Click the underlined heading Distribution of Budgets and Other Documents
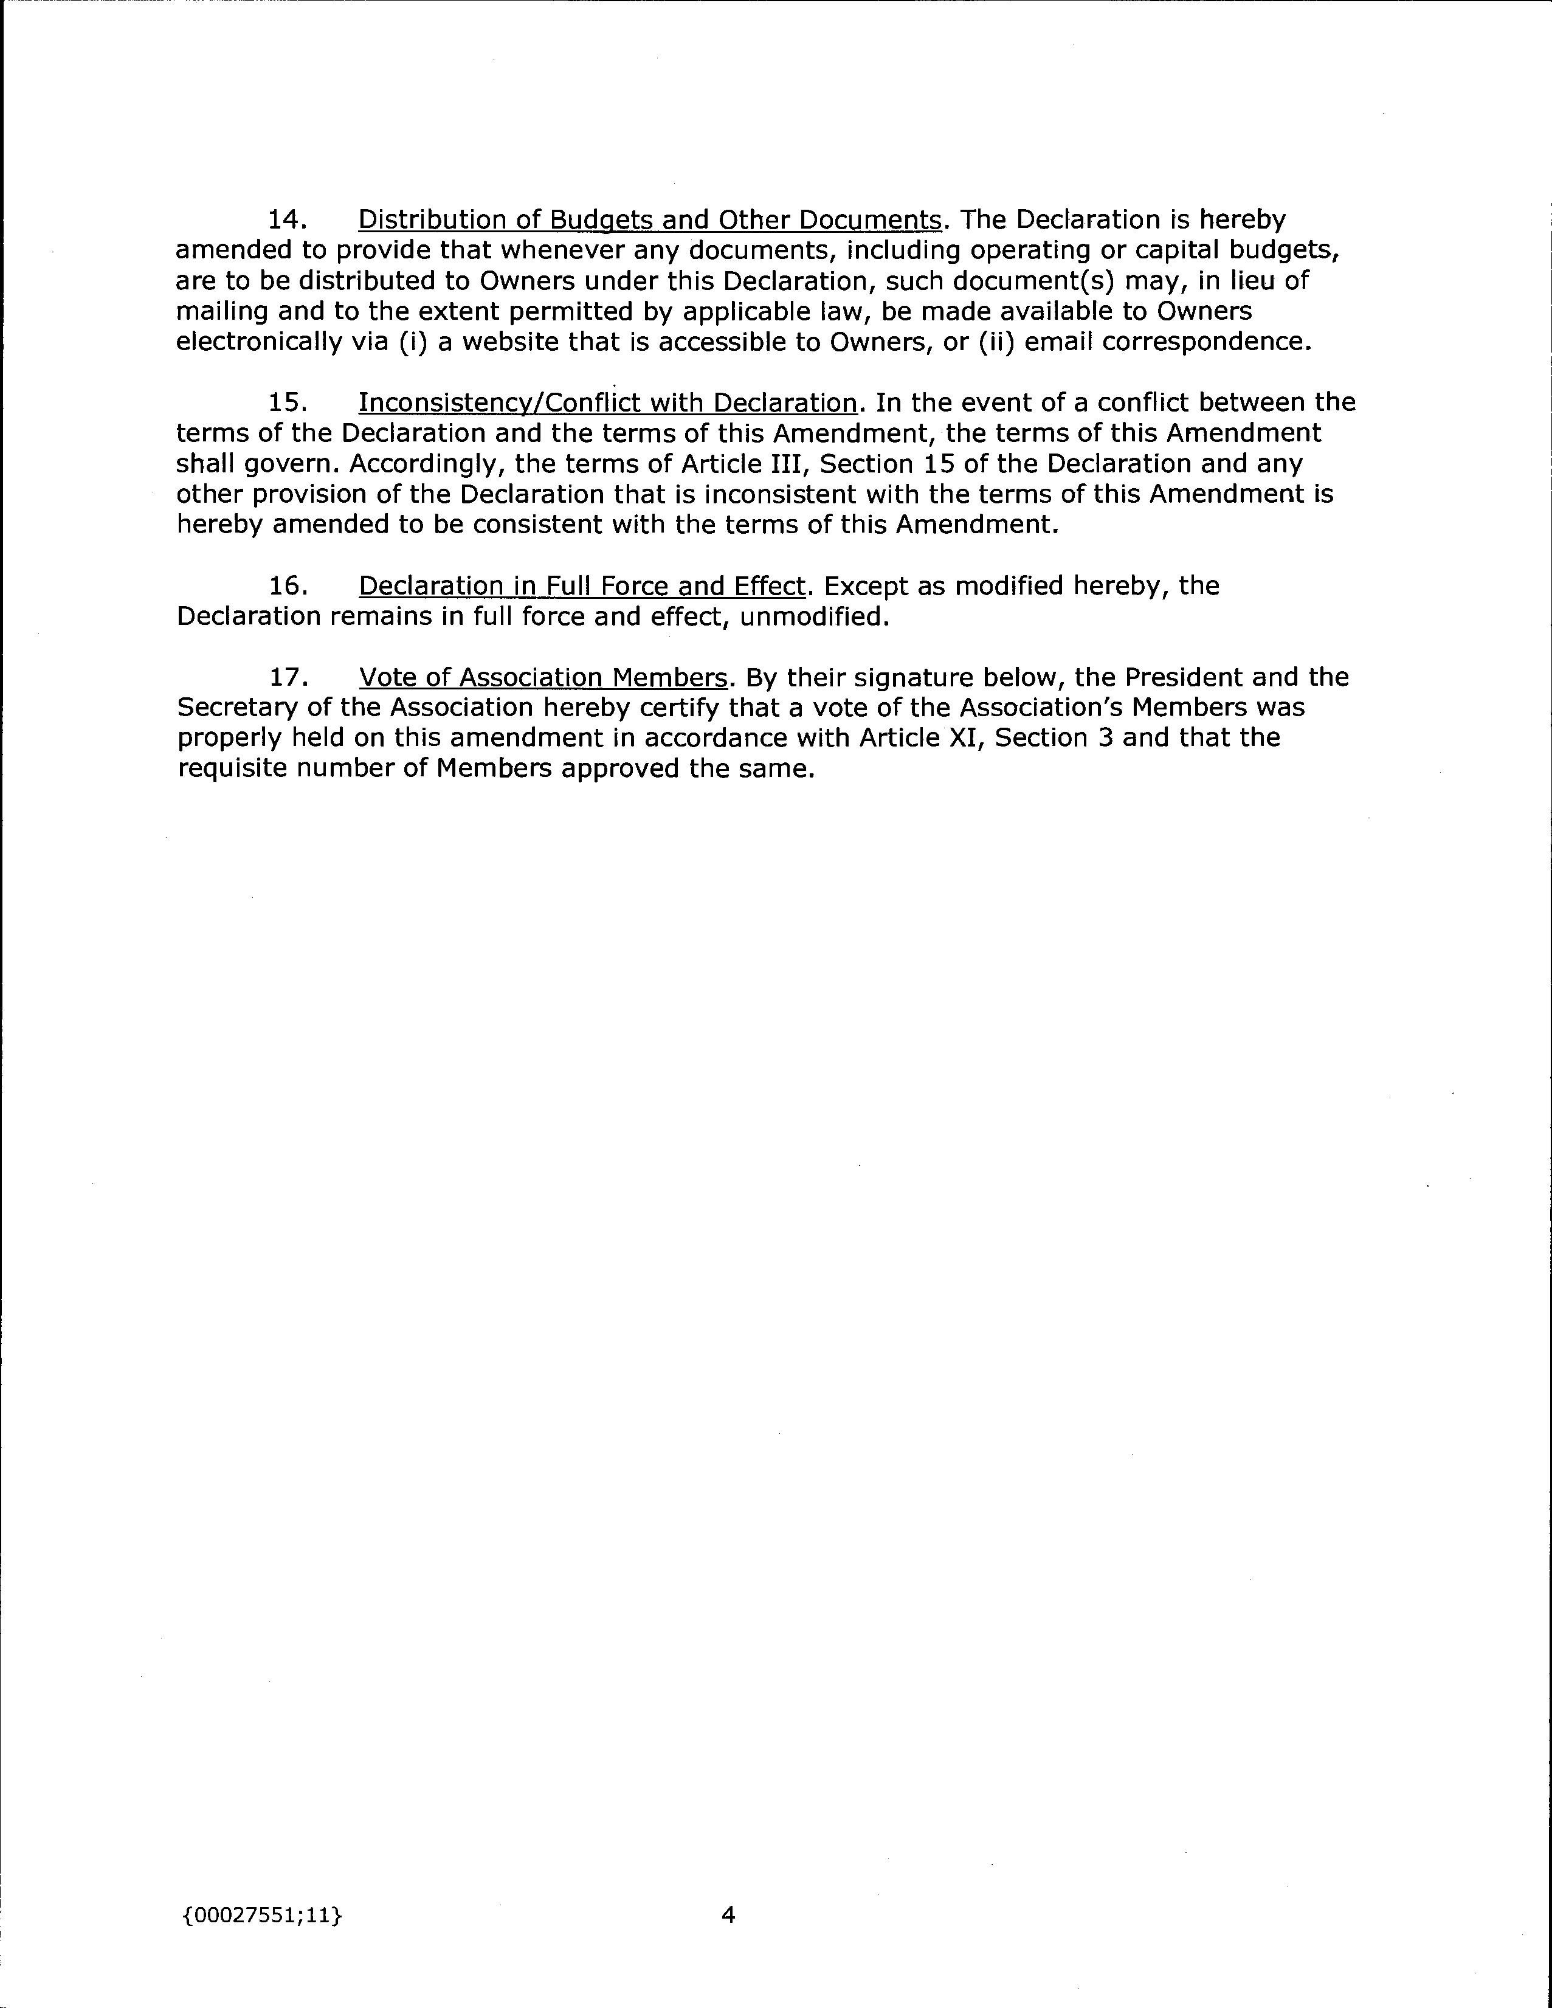pyautogui.click(x=649, y=219)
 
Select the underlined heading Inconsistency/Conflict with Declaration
pyautogui.click(x=607, y=402)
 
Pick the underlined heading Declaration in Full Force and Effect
pyautogui.click(x=581, y=585)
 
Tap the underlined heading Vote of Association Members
pyautogui.click(x=542, y=678)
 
